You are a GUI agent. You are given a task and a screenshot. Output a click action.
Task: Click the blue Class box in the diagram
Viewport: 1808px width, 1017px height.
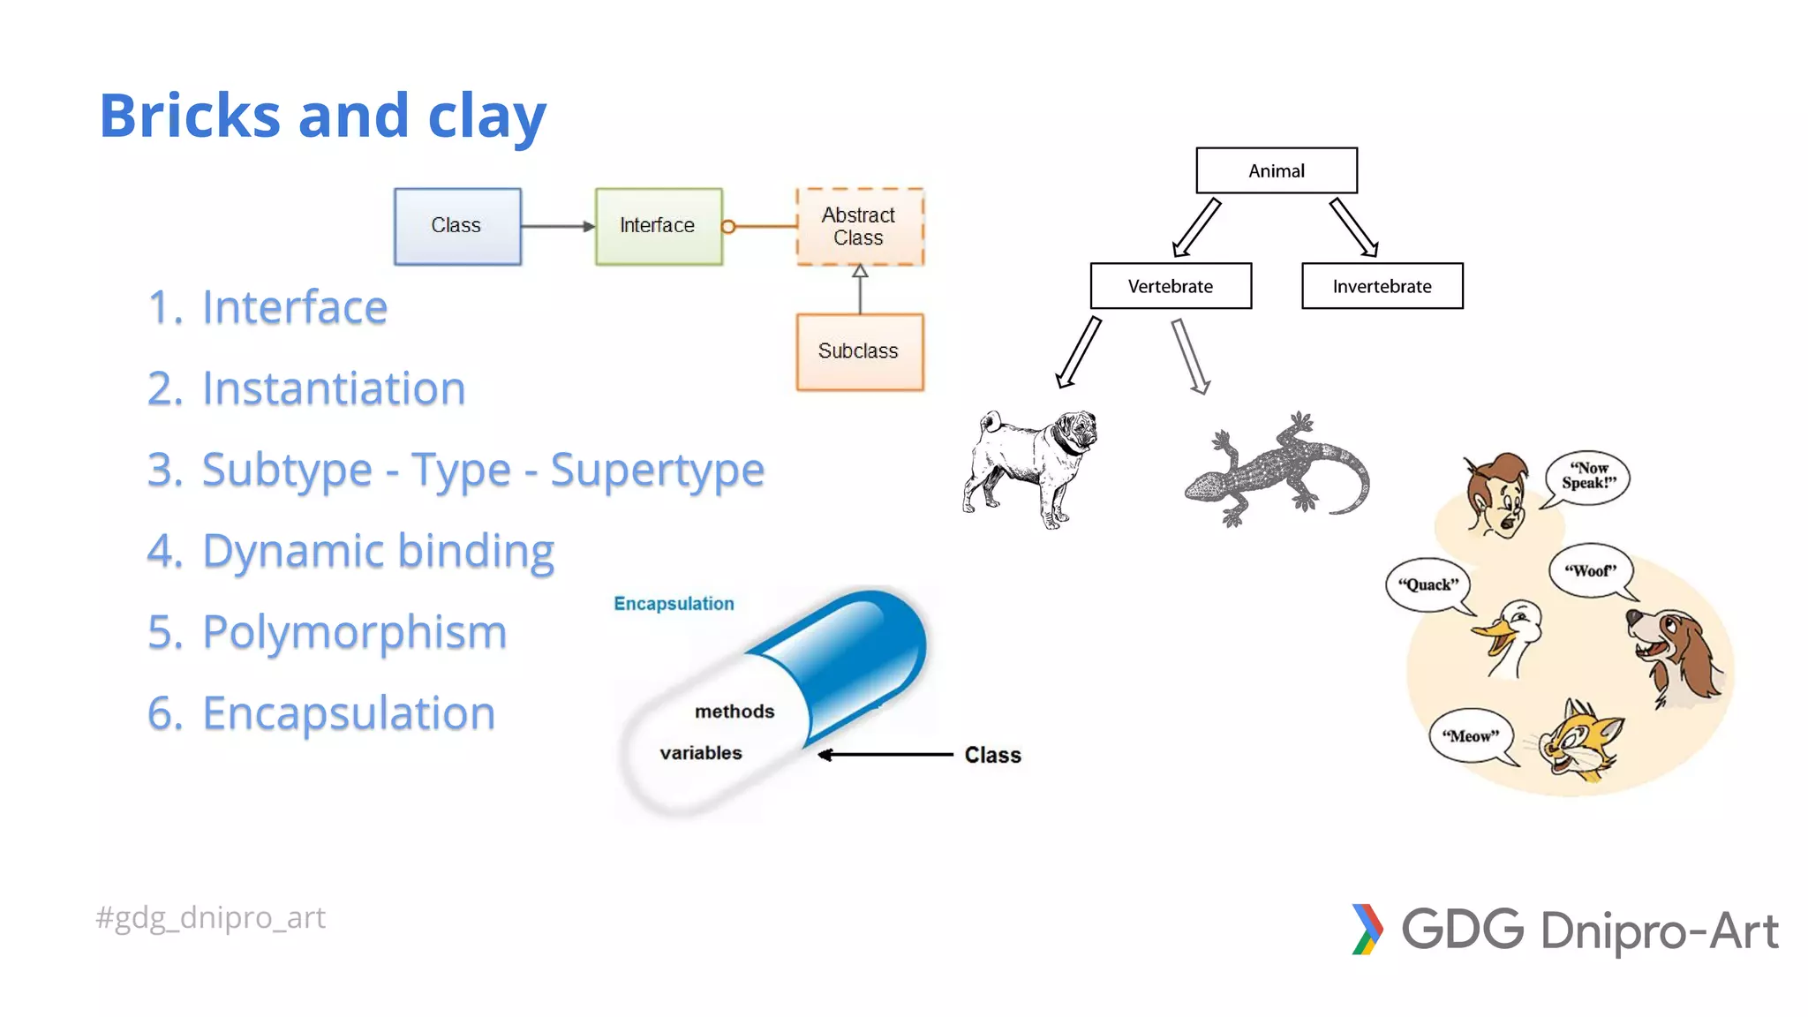(x=457, y=226)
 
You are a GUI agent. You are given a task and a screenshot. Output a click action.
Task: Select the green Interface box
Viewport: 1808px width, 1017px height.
(x=659, y=226)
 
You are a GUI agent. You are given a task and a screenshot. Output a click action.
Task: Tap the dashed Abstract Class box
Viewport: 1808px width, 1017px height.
(x=859, y=226)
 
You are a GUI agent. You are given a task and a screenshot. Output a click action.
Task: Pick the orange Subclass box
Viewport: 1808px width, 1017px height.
(x=859, y=351)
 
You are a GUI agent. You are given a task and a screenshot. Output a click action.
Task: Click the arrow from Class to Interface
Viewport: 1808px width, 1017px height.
(x=557, y=227)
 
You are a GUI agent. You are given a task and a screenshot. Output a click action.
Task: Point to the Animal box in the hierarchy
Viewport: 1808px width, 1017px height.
(x=1276, y=170)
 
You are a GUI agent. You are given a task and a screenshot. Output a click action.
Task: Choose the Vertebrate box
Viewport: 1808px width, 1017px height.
(x=1171, y=286)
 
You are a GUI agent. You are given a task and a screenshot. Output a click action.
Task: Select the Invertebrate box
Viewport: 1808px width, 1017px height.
(x=1382, y=286)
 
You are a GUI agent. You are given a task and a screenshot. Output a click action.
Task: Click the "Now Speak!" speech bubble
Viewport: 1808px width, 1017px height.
(x=1588, y=477)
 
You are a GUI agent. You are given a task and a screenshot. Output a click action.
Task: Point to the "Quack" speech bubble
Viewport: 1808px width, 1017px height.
(x=1428, y=584)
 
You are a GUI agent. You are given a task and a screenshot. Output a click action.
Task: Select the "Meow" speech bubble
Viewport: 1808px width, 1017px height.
(x=1470, y=735)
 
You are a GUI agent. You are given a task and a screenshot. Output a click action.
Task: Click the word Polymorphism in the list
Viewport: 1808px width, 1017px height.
(x=354, y=632)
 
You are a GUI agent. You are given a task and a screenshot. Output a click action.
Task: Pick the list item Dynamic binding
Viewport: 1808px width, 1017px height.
(x=378, y=551)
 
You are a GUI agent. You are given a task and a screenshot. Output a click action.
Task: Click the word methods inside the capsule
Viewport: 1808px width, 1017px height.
(x=734, y=712)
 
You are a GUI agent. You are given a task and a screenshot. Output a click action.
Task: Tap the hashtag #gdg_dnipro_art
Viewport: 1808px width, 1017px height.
(x=211, y=917)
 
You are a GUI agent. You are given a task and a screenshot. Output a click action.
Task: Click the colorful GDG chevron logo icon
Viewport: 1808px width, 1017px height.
(x=1367, y=929)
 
